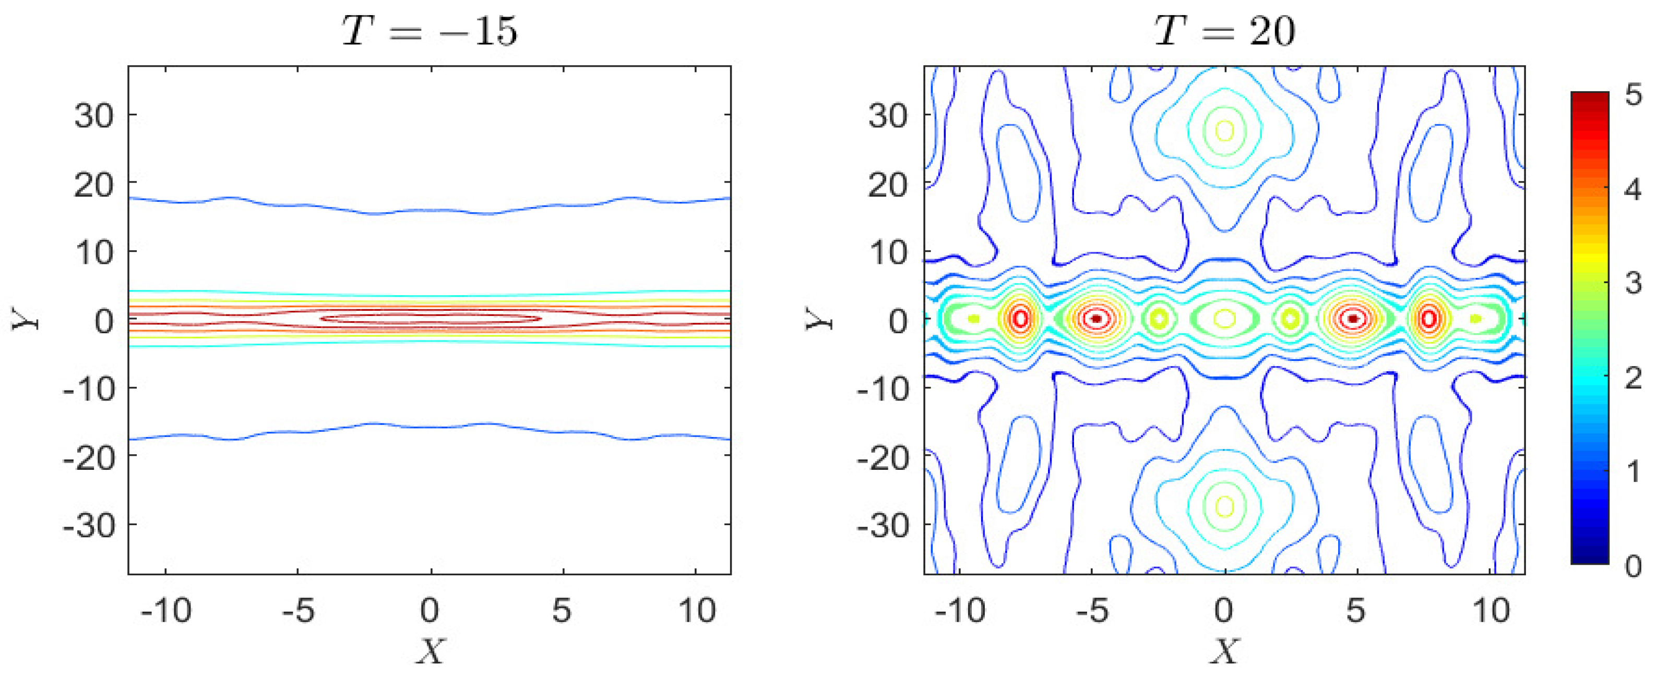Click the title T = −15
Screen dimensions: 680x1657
point(430,30)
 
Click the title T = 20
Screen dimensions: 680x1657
point(1224,30)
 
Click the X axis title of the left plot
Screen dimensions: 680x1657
point(430,652)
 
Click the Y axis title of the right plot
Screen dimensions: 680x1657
point(818,319)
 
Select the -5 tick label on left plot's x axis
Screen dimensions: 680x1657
point(299,610)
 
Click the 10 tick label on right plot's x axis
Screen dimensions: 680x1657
point(1491,610)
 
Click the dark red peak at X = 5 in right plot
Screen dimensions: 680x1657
point(1353,318)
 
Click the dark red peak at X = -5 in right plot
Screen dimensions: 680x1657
point(1096,318)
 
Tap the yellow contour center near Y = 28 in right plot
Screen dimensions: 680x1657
point(1225,130)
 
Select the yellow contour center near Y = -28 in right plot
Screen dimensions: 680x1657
point(1225,506)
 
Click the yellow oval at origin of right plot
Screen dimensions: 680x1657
point(1225,318)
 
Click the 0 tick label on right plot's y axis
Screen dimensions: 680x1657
point(899,320)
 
